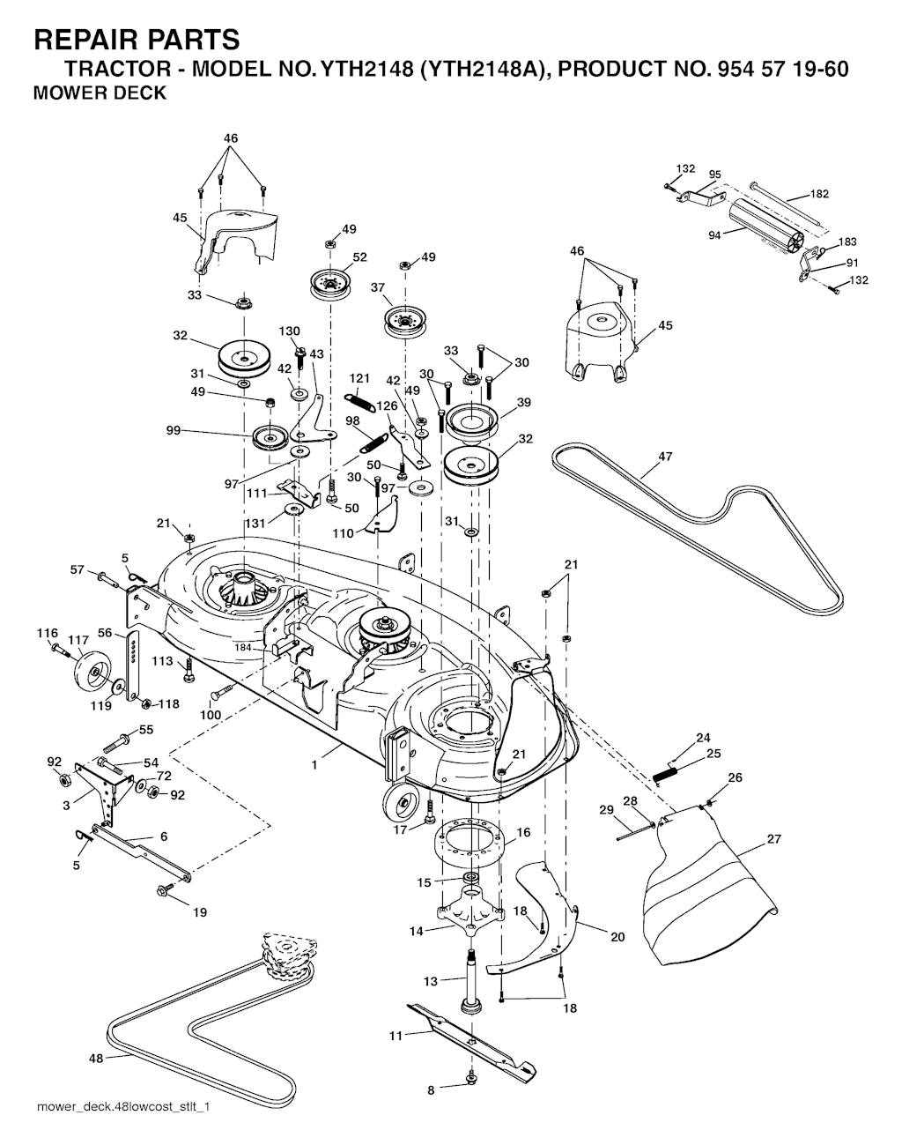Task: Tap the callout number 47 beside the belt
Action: click(x=665, y=456)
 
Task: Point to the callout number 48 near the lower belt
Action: click(x=96, y=1059)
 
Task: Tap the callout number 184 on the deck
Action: click(x=243, y=648)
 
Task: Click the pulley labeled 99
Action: click(x=270, y=437)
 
